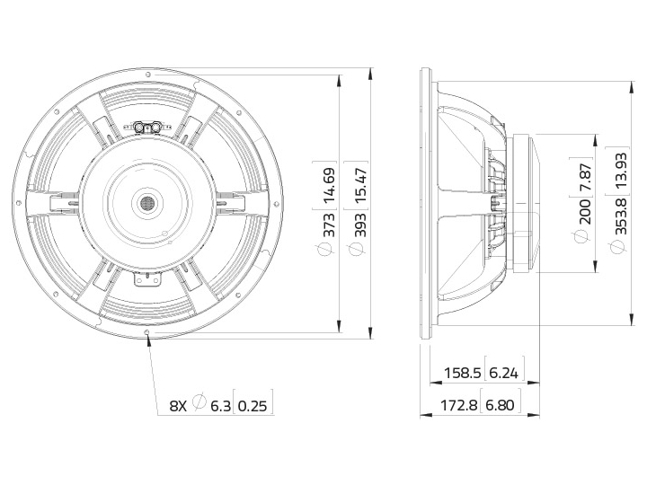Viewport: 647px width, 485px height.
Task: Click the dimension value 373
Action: (329, 225)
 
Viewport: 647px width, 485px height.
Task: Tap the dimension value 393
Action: (360, 225)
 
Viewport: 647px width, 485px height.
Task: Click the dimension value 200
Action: (585, 212)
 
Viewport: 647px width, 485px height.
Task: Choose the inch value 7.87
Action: (585, 177)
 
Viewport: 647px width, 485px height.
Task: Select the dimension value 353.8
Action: (621, 216)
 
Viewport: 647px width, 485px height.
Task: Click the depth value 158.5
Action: (463, 374)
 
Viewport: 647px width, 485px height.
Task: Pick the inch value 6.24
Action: (503, 374)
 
